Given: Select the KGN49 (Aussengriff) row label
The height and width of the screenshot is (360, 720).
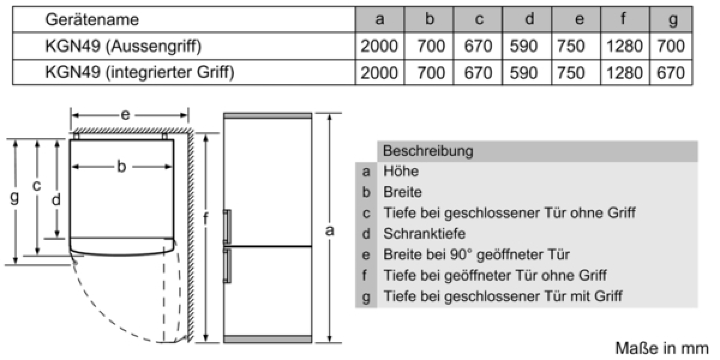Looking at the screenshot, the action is pos(124,46).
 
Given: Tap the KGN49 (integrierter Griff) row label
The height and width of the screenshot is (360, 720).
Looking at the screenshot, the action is pos(140,72).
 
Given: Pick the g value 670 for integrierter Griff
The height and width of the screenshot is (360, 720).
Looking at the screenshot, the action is pos(671,73).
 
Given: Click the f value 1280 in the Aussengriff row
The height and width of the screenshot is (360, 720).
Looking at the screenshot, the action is pos(625,46).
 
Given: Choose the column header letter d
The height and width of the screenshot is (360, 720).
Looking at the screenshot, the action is pos(529,19).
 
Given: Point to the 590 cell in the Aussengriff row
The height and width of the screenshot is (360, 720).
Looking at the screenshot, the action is pos(524,46).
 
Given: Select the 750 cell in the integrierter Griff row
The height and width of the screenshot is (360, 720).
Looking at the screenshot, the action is pos(571,73).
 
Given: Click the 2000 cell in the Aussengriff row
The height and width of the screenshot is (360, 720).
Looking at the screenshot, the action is pos(379,46).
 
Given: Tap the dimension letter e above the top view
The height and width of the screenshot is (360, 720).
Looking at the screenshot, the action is pos(125,115).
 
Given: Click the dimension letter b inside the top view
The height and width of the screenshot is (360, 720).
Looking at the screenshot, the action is pos(121,167).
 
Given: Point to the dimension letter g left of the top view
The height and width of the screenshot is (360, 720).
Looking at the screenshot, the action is pos(14,197).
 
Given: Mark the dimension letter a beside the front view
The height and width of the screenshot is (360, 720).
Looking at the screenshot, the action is pos(330,230).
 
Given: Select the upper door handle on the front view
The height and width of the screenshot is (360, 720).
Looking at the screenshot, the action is pos(227,226).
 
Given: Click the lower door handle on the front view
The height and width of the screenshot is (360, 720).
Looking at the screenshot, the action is pos(227,266).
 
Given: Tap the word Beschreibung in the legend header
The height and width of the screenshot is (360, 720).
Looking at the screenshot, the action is pos(428,151).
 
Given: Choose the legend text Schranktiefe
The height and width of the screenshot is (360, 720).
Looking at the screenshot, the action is pos(424,233).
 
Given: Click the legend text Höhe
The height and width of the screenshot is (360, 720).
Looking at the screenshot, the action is pos(401,172).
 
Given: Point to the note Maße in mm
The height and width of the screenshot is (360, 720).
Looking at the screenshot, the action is pos(662,349).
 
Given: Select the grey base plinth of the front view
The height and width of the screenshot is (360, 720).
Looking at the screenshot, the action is pos(268,339).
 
